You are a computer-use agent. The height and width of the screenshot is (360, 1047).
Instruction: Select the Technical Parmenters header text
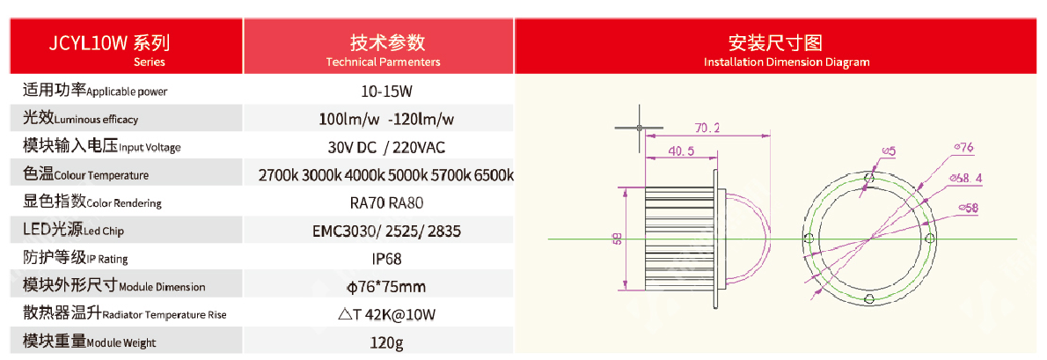[384, 62]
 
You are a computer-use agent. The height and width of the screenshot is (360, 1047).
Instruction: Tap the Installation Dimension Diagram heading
[787, 62]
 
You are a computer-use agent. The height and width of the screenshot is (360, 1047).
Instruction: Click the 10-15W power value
[378, 90]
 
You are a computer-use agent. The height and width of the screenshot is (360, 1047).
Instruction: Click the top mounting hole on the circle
[868, 178]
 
